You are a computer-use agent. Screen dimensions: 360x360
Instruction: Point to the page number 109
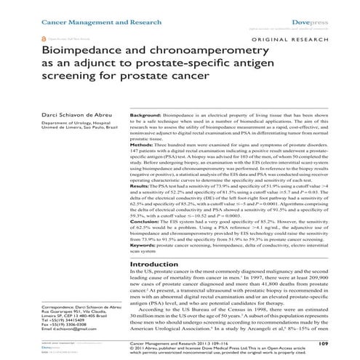pos(345,342)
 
